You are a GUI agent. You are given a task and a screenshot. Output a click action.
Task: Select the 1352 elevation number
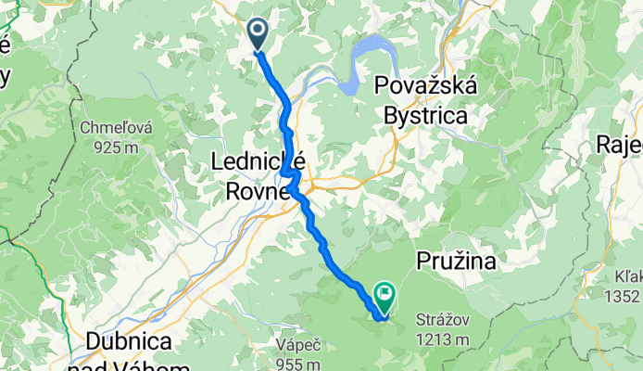pyautogui.click(x=621, y=297)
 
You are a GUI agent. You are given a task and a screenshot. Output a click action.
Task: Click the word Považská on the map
pyautogui.click(x=426, y=87)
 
